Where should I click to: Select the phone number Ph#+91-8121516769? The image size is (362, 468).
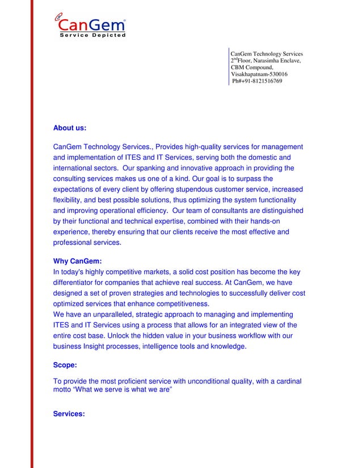[x=257, y=81]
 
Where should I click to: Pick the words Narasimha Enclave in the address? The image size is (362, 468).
[x=277, y=61]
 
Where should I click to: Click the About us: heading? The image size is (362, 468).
[x=69, y=128]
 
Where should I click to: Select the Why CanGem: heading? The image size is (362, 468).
[x=77, y=261]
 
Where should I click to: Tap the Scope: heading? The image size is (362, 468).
[x=65, y=365]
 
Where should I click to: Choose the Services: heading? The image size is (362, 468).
[x=69, y=414]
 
